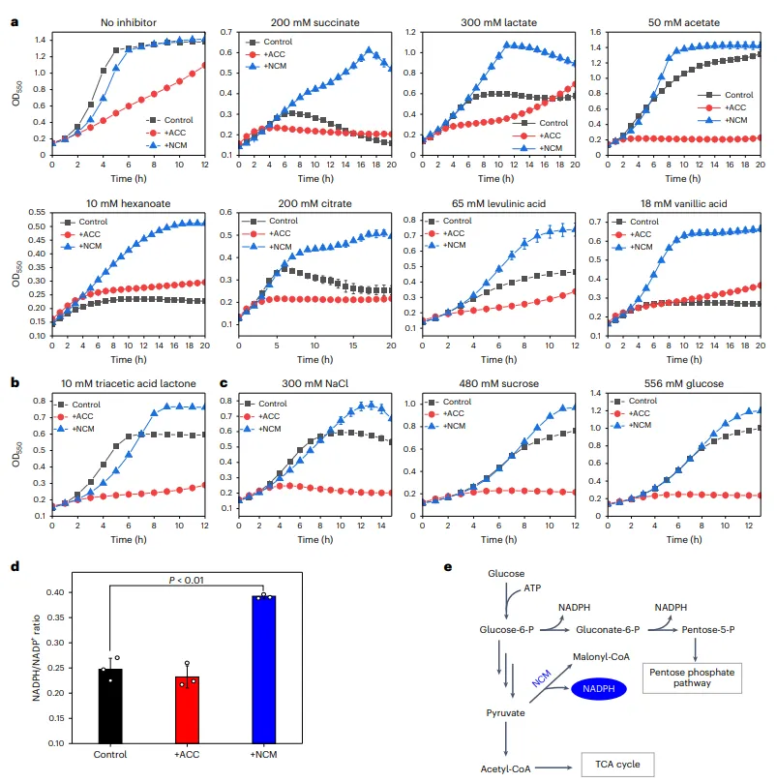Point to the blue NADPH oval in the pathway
pos(598,687)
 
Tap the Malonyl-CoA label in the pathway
pos(601,656)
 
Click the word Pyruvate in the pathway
pos(506,712)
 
